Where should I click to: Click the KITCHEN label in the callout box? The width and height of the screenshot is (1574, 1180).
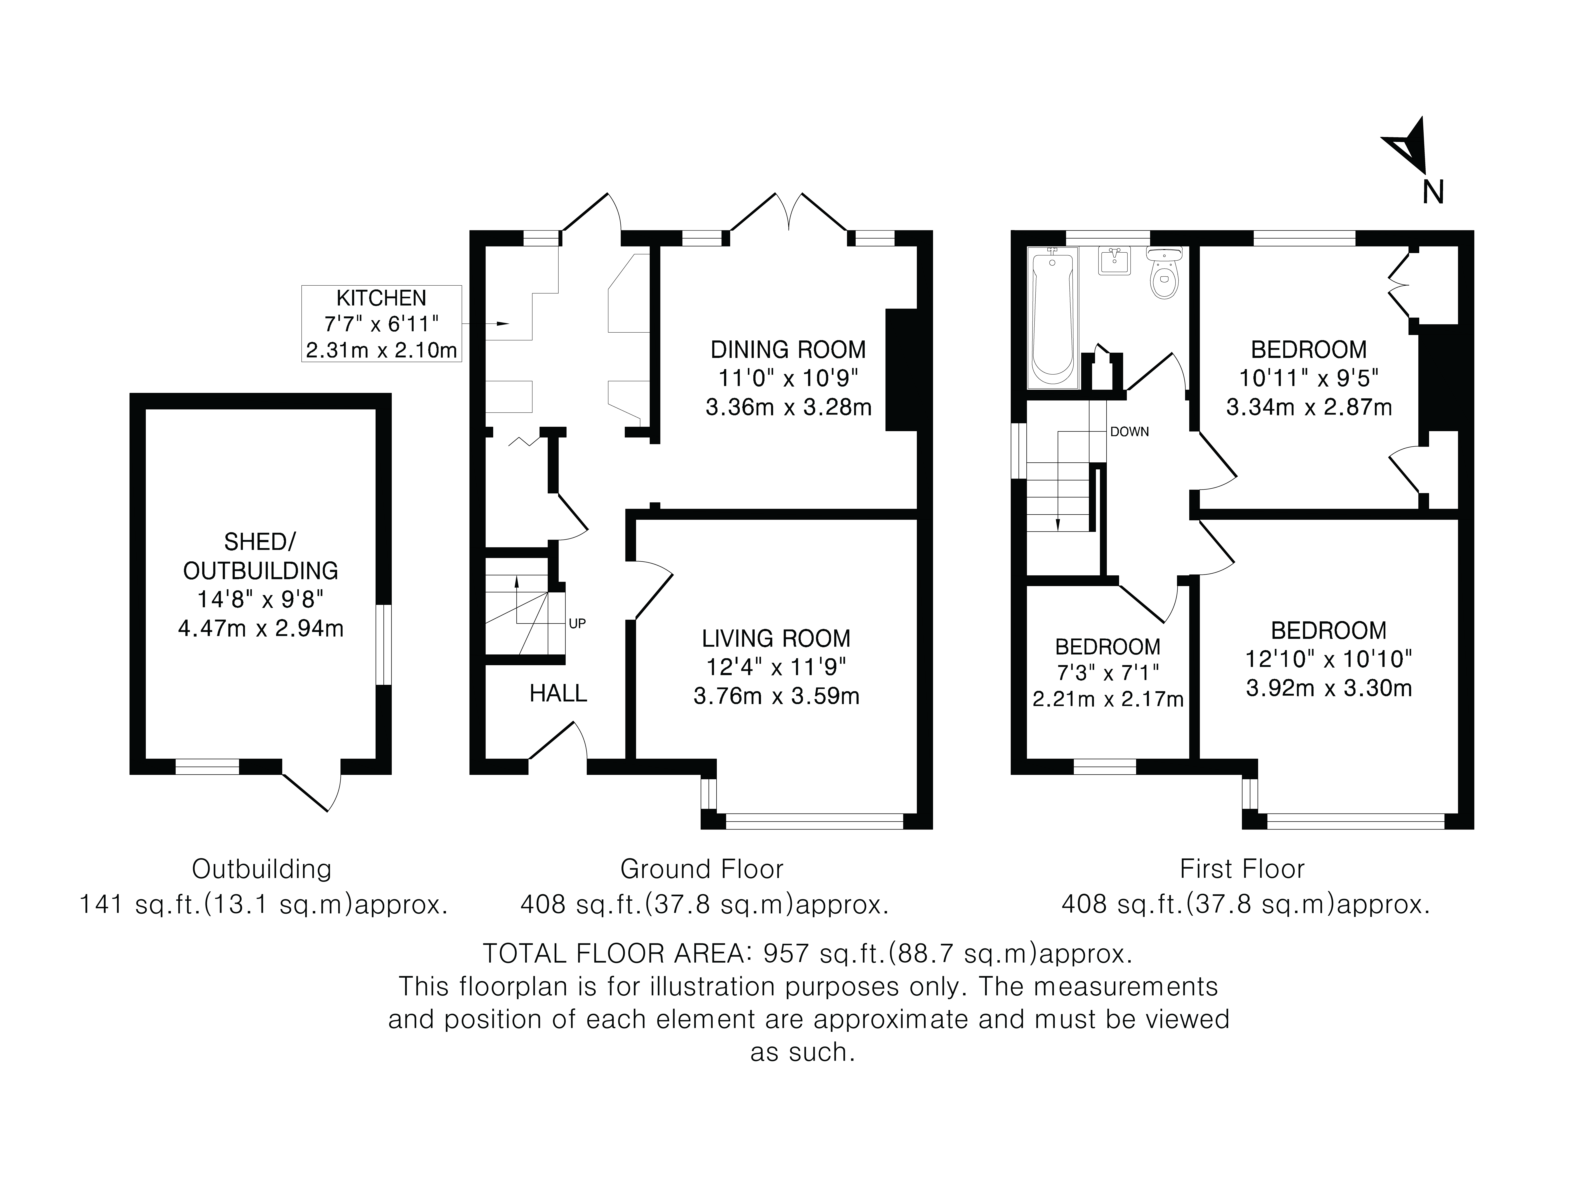click(x=381, y=297)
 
